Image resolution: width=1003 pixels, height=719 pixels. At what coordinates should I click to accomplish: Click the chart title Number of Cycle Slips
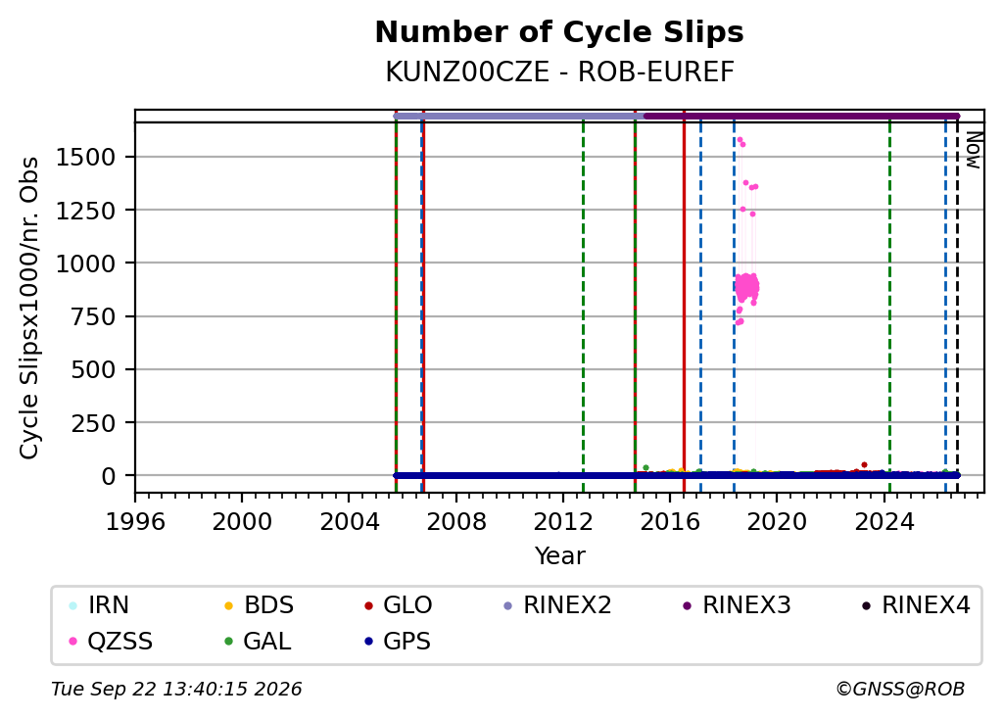pos(559,32)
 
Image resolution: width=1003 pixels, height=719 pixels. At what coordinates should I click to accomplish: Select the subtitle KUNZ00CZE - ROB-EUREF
pos(559,72)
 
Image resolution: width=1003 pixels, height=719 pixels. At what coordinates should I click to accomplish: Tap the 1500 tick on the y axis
pos(86,157)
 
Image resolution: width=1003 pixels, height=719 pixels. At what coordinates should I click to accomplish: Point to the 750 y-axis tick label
pos(93,316)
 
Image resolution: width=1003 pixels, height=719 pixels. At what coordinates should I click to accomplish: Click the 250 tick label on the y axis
pos(93,423)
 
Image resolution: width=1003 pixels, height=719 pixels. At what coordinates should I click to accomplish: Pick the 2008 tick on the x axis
pos(456,522)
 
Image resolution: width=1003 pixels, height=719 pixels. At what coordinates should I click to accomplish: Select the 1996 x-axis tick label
pos(135,522)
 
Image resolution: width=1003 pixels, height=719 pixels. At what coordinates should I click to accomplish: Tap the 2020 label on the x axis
pos(777,522)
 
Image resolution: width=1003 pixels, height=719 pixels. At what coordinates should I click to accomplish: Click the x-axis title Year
pos(559,555)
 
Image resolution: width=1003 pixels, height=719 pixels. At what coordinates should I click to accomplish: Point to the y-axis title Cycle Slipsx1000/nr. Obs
pos(29,308)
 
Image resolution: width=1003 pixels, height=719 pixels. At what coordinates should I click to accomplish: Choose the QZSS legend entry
pos(111,641)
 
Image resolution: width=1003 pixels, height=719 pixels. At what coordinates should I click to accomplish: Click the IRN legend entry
pos(99,605)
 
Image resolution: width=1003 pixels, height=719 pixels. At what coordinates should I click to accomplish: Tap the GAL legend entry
pos(258,641)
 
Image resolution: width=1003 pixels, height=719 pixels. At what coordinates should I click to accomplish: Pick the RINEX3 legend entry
pos(737,605)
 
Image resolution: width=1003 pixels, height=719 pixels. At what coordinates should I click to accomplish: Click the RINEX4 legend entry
pos(916,605)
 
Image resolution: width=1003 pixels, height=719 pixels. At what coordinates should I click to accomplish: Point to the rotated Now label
pos(973,150)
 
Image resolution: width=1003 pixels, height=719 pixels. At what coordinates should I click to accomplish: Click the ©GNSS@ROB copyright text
pos(900,689)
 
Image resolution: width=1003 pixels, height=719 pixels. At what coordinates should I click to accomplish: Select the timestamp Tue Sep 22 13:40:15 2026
pos(176,689)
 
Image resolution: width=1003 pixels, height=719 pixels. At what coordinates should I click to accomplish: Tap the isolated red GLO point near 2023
pos(864,464)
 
